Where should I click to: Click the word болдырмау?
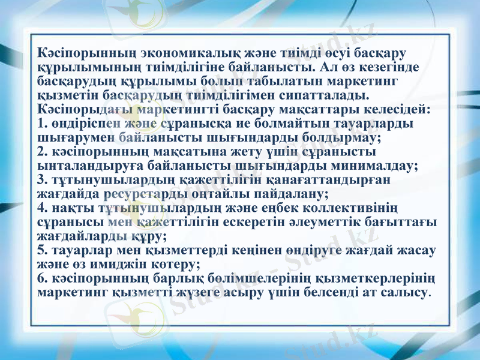click(344, 139)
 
